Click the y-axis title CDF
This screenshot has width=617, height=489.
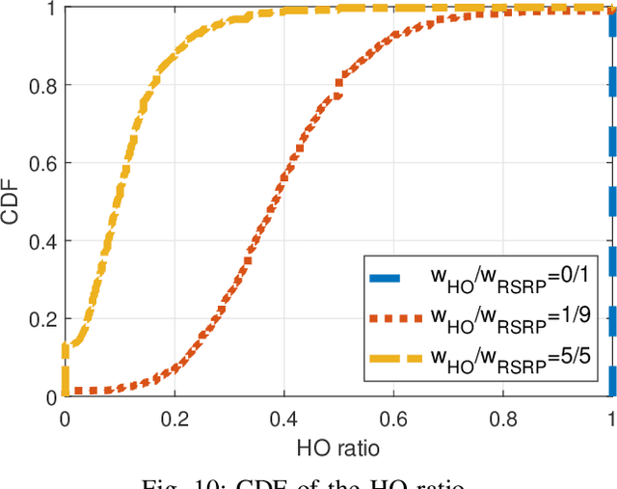(12, 204)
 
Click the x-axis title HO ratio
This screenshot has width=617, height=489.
(338, 448)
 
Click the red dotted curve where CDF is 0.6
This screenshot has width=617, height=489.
(287, 164)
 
